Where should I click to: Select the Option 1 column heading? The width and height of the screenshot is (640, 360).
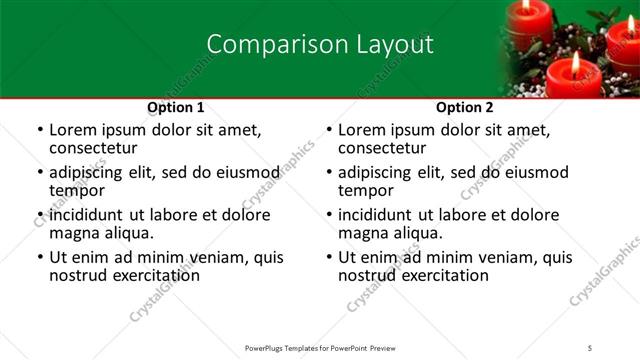pos(176,107)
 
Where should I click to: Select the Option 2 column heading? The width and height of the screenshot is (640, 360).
pos(465,107)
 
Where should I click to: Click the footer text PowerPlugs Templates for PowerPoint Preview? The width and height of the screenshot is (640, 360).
pos(319,347)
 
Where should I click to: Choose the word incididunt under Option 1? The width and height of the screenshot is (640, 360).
pos(87,215)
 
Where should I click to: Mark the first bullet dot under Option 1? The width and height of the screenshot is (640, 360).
pos(39,131)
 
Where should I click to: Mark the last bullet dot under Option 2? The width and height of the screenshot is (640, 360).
pos(329,258)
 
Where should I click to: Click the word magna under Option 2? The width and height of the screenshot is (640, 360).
pos(364,233)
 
